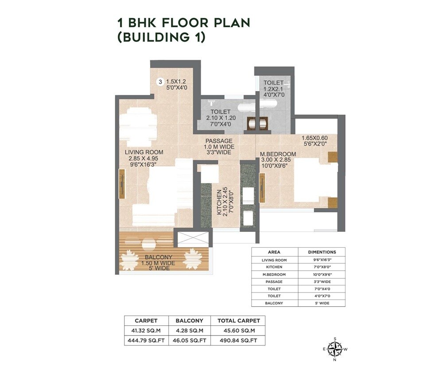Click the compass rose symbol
point(335,349)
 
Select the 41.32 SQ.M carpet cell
point(146,330)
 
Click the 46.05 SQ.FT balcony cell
point(190,340)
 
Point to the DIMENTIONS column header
point(321,252)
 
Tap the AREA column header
point(274,252)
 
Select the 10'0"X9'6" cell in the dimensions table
point(321,274)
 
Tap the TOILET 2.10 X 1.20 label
point(220,118)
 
